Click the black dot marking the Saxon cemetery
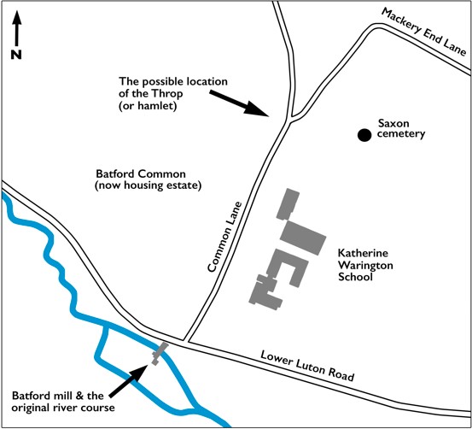tap(364, 135)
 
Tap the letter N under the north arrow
tap(16, 55)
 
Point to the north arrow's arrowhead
tap(17, 17)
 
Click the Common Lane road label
tap(224, 237)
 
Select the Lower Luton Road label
tap(307, 366)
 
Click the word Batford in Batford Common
tap(115, 174)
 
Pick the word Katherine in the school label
tap(363, 253)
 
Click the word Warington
tap(365, 265)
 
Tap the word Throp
tap(166, 94)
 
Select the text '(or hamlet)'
tap(148, 106)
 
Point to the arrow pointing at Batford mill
tap(129, 381)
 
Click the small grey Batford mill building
tap(160, 353)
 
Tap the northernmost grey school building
tap(288, 204)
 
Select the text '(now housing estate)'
tap(149, 185)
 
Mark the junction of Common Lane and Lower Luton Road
tap(186, 341)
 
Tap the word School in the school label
tap(355, 277)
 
